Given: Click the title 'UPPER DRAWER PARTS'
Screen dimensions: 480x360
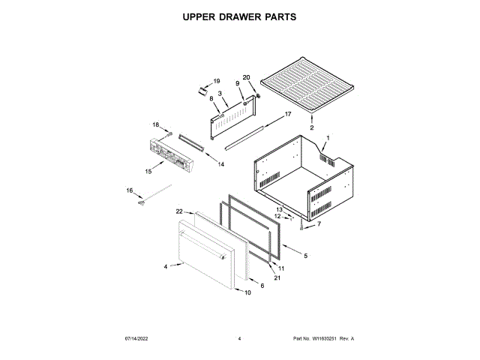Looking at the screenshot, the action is pos(239,16).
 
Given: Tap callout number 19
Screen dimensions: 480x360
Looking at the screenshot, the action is pos(217,81).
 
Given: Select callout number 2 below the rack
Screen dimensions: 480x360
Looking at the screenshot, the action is pos(312,127).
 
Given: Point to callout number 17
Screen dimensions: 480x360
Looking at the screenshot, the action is pos(286,114).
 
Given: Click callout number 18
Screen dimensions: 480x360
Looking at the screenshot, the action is pos(157,124).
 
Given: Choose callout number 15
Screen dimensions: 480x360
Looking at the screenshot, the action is pos(148,172).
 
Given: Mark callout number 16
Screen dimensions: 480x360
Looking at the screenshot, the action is pos(129,191).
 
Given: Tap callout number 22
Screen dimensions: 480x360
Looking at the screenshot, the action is pos(179,212).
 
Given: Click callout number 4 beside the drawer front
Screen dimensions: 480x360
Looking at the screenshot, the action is pos(165,266).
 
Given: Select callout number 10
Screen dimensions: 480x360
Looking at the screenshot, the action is pos(247,292).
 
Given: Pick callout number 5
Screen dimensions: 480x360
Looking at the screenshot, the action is pos(305,256).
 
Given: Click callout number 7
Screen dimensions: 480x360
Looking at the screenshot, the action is pos(318,223).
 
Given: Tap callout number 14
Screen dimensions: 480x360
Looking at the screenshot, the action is pos(221,163).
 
